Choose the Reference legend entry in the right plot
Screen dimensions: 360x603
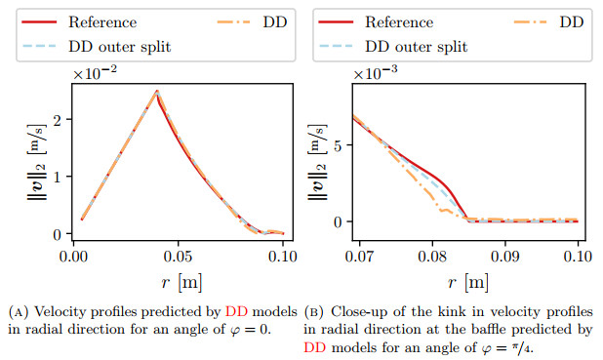pos(400,21)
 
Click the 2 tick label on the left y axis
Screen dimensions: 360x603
pos(57,119)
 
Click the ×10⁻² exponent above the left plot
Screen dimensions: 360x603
pos(96,74)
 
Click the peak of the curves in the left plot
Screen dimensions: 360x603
pos(156,92)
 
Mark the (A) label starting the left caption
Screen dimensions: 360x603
pos(20,311)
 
